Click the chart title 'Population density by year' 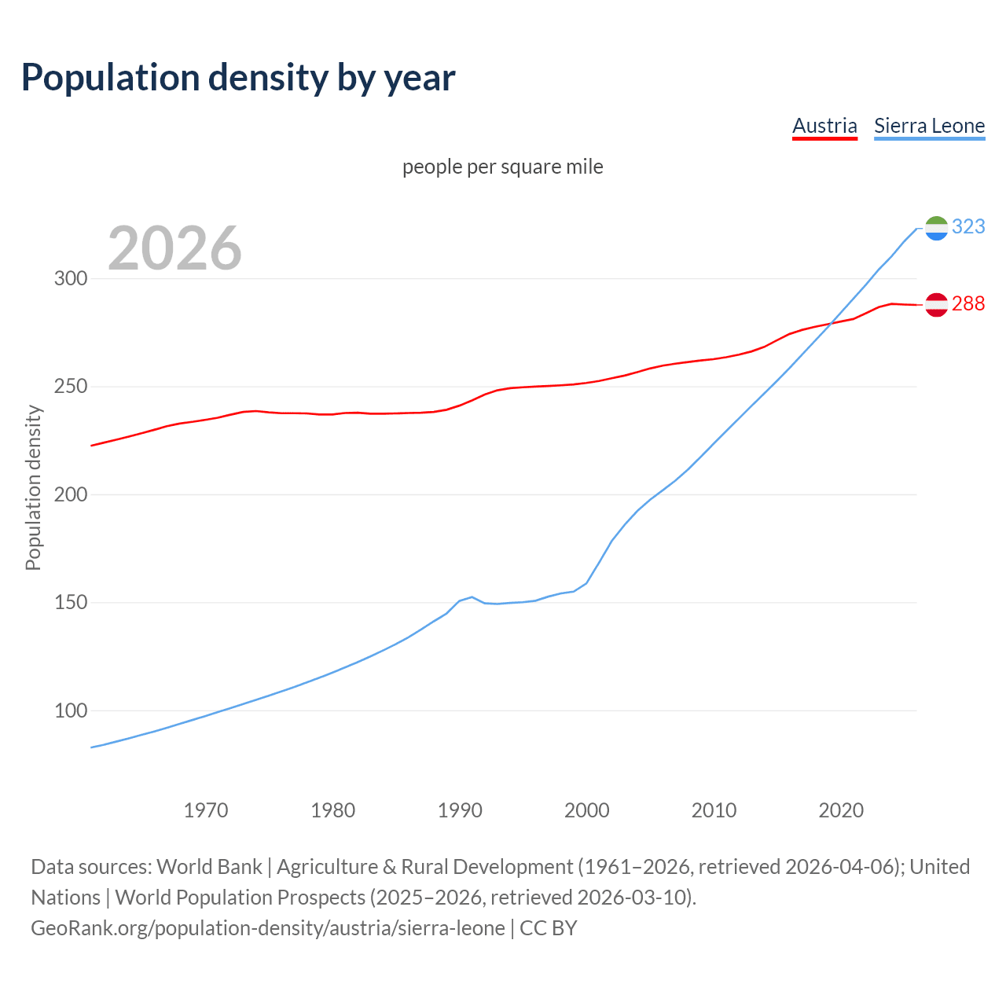[x=238, y=77]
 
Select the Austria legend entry [x=824, y=126]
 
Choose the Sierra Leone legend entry [x=929, y=126]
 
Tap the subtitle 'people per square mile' [x=503, y=167]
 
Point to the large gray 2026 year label [x=174, y=248]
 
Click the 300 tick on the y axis [x=70, y=279]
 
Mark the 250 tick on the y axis [x=70, y=387]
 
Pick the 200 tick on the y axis [x=70, y=495]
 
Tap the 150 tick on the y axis [x=70, y=603]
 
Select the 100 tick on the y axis [x=70, y=710]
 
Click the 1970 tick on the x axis [x=206, y=810]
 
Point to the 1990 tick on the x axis [x=460, y=810]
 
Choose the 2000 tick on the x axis [x=587, y=810]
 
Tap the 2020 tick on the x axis [x=841, y=810]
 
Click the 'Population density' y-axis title [x=33, y=487]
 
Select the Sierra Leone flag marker [x=936, y=228]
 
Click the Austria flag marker [x=936, y=304]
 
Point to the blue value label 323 [x=968, y=226]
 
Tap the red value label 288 [x=968, y=303]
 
